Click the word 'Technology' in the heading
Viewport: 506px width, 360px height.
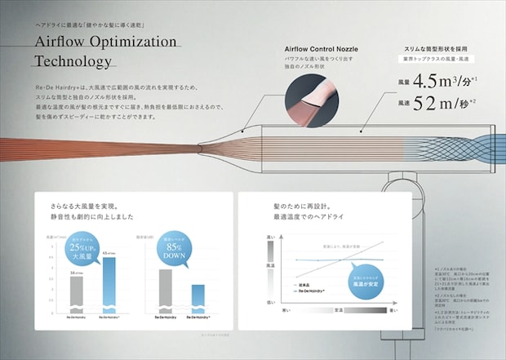point(73,62)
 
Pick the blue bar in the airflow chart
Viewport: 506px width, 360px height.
point(109,286)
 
